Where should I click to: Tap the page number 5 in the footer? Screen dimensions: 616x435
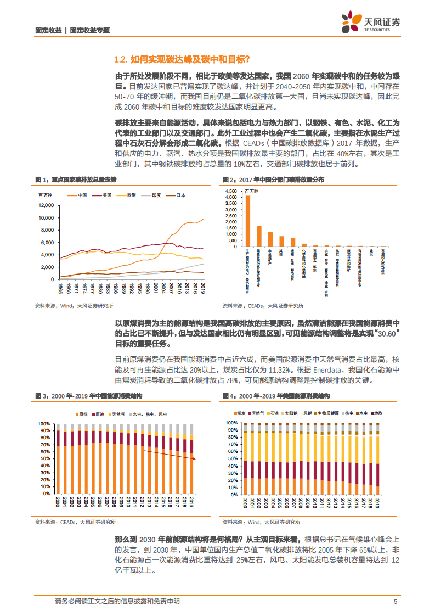395,601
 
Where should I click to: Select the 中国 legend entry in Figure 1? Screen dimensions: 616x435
80,195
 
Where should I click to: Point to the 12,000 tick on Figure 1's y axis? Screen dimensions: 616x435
46,205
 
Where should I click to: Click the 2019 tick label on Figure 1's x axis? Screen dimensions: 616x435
203,287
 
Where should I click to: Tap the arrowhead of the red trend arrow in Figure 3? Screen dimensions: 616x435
194,458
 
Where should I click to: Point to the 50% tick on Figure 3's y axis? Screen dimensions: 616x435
44,458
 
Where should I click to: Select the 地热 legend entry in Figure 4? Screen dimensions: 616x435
377,413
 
